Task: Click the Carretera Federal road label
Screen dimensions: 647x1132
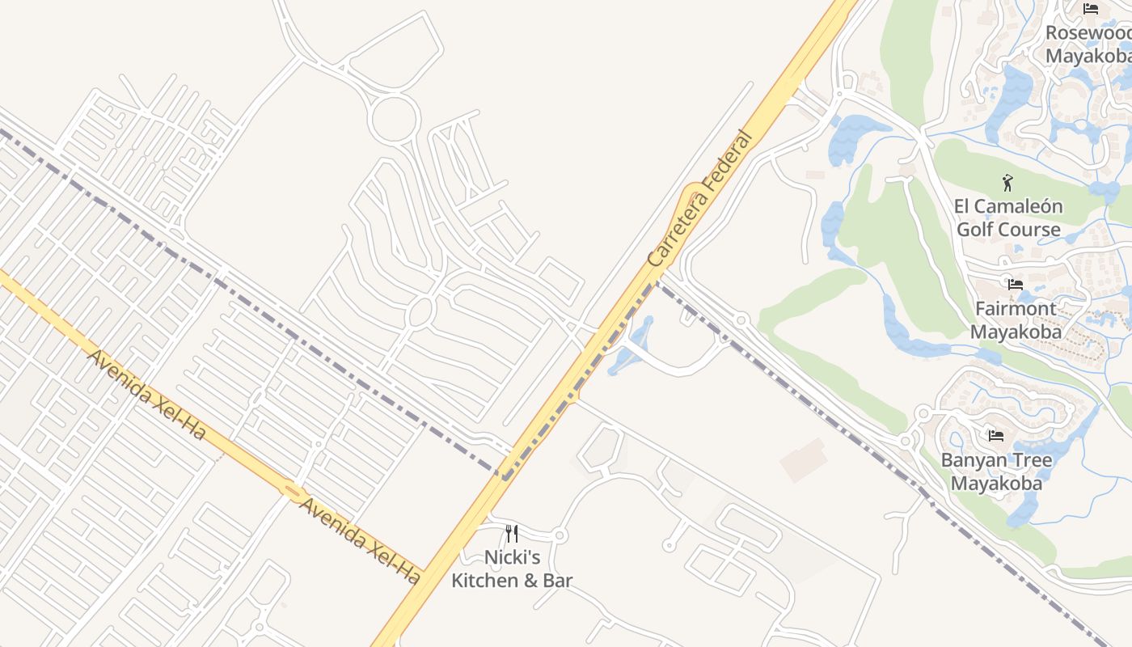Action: [x=700, y=199]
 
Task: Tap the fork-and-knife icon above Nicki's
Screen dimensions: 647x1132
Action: [x=511, y=533]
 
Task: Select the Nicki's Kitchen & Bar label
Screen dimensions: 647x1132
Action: [x=511, y=569]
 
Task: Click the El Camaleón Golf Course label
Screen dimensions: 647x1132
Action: [x=1008, y=218]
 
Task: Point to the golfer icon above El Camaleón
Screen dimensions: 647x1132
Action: [x=1007, y=183]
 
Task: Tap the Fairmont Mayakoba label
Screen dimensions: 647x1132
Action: [x=1016, y=320]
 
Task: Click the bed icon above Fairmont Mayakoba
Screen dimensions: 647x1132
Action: [x=1015, y=285]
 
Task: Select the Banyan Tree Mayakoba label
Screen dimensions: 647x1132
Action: [x=996, y=472]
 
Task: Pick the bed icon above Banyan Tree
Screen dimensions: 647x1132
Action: [x=996, y=436]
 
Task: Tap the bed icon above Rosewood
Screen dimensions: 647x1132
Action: [x=1091, y=10]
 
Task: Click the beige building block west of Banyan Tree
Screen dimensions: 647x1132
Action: [x=804, y=460]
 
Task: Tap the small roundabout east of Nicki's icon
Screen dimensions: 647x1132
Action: [x=560, y=535]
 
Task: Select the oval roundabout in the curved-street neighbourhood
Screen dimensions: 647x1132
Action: [x=421, y=311]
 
